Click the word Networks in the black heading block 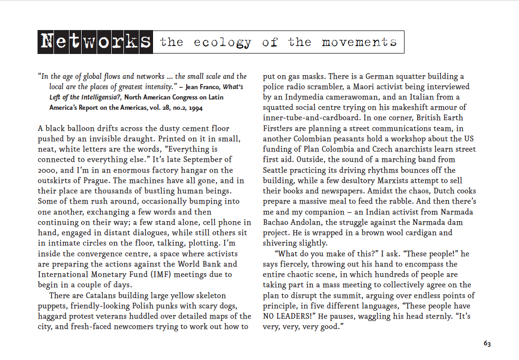click(x=95, y=42)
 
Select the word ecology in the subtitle click(x=222, y=42)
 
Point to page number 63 click(x=487, y=344)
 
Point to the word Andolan click(x=310, y=222)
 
